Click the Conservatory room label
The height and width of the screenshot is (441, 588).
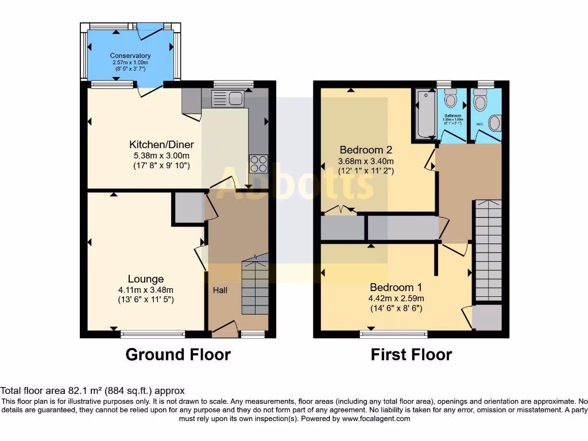(130, 56)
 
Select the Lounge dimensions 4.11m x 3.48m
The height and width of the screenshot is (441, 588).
(146, 290)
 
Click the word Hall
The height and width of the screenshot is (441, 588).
(220, 291)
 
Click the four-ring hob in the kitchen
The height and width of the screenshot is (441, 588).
(258, 163)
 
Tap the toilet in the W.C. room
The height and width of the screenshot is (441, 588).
(480, 102)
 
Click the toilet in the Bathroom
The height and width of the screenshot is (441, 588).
(451, 99)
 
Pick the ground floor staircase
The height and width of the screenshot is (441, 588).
(254, 287)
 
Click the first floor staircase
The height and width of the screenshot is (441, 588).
(488, 250)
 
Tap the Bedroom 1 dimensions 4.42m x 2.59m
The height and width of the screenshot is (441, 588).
(397, 299)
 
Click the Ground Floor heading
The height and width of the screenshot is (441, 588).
(178, 355)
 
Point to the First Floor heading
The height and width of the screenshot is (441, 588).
(411, 355)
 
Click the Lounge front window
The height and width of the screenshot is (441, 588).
(153, 332)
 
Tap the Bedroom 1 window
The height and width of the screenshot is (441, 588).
(394, 332)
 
